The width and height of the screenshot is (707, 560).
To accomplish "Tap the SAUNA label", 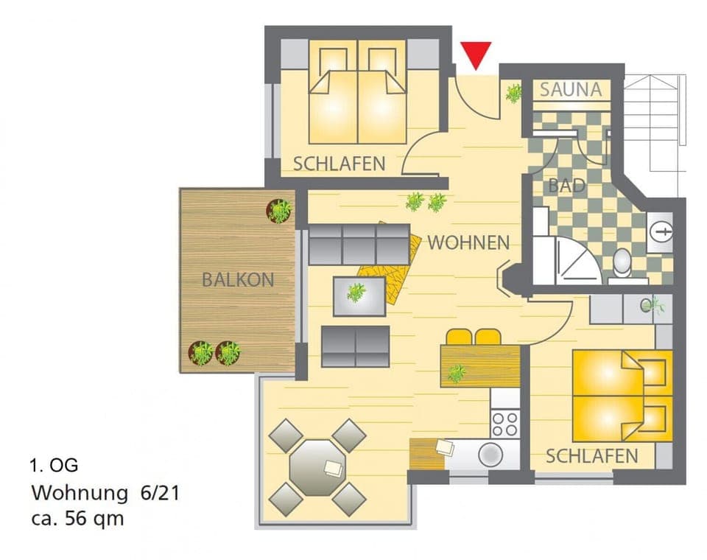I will click(x=571, y=90).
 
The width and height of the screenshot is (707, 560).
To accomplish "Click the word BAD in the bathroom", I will click(x=566, y=186).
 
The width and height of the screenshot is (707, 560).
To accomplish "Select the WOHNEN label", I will click(x=468, y=242).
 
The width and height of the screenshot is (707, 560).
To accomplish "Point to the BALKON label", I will click(x=238, y=280).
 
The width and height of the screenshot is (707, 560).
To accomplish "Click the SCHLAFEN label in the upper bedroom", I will click(x=339, y=164).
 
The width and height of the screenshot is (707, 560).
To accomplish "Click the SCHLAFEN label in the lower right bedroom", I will click(x=591, y=456).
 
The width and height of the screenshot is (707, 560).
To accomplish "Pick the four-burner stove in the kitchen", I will click(x=505, y=424).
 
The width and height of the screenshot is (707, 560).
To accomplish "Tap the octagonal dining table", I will click(x=317, y=467).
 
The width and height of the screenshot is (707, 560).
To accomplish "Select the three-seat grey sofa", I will click(x=359, y=244).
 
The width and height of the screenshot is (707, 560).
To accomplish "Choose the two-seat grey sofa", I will click(x=355, y=346).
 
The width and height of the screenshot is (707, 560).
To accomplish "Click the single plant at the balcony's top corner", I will click(x=279, y=211).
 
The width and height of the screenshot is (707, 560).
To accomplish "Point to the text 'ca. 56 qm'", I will click(x=77, y=518).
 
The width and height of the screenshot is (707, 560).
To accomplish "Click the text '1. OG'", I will click(x=53, y=465).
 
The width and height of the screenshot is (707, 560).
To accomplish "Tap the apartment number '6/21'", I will click(x=158, y=491).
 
